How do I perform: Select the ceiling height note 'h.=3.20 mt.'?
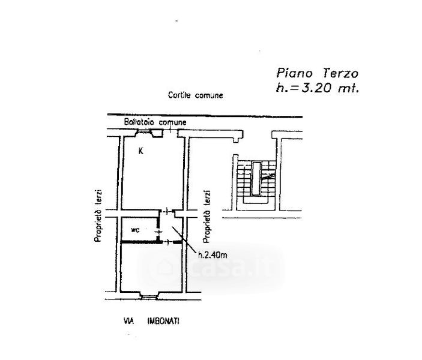click(316, 89)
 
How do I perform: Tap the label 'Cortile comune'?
click(196, 96)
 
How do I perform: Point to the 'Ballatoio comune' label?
click(155, 122)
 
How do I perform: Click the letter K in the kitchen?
click(141, 151)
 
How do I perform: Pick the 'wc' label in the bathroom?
click(136, 229)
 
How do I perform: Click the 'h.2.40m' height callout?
click(212, 254)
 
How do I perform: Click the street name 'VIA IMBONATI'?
click(149, 322)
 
